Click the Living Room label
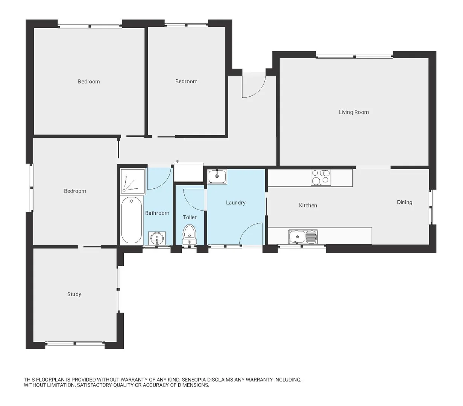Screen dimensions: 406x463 [x=354, y=112]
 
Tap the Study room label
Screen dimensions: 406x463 [x=74, y=294]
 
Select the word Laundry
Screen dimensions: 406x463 [x=235, y=203]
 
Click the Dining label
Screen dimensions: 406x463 [x=404, y=202]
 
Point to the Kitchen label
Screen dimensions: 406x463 [x=308, y=205]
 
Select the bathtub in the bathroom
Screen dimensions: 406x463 [x=131, y=220]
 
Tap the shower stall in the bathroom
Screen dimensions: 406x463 [x=132, y=182]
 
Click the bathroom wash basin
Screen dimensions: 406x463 [x=156, y=238]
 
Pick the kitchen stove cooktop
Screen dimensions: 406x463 [x=320, y=177]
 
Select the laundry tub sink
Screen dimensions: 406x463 [x=217, y=176]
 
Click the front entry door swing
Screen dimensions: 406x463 [x=253, y=86]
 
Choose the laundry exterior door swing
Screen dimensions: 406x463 [x=251, y=234]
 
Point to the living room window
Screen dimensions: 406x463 [x=354, y=57]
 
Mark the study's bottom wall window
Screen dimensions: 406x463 [x=75, y=344]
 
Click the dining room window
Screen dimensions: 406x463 [x=432, y=207]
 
